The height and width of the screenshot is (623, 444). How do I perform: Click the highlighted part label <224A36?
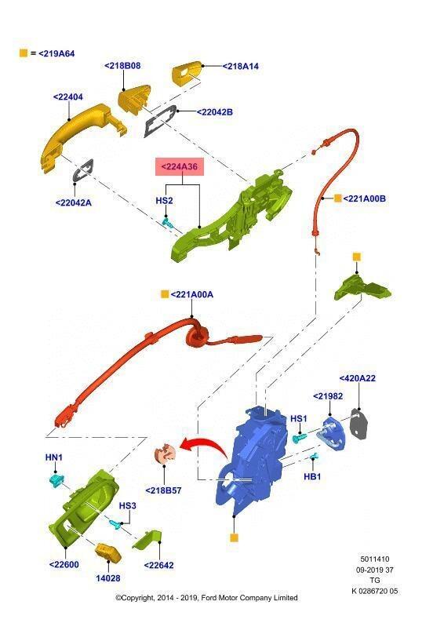tap(179, 166)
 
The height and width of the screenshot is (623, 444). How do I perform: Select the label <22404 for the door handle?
tap(68, 97)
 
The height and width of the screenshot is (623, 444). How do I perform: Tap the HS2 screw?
tap(168, 222)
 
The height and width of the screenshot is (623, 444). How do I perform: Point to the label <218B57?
tap(163, 490)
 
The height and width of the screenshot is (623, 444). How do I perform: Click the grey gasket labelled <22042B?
tap(160, 121)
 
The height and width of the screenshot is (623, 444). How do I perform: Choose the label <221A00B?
tap(364, 199)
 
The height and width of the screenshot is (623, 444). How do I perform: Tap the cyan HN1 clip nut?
tap(56, 480)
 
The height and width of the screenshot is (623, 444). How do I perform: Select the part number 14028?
tap(108, 578)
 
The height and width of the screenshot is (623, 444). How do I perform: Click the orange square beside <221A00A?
tap(165, 294)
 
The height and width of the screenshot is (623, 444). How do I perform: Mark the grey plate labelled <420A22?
tap(358, 424)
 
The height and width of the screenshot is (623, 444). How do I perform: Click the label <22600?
tap(64, 564)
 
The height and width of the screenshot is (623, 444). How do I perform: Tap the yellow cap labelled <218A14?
tap(186, 72)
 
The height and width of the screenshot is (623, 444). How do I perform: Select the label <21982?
tap(328, 395)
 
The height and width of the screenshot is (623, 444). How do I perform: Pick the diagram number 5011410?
tap(374, 559)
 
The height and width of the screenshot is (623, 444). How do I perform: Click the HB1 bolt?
tap(314, 457)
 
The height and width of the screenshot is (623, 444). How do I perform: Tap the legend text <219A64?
tap(56, 53)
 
